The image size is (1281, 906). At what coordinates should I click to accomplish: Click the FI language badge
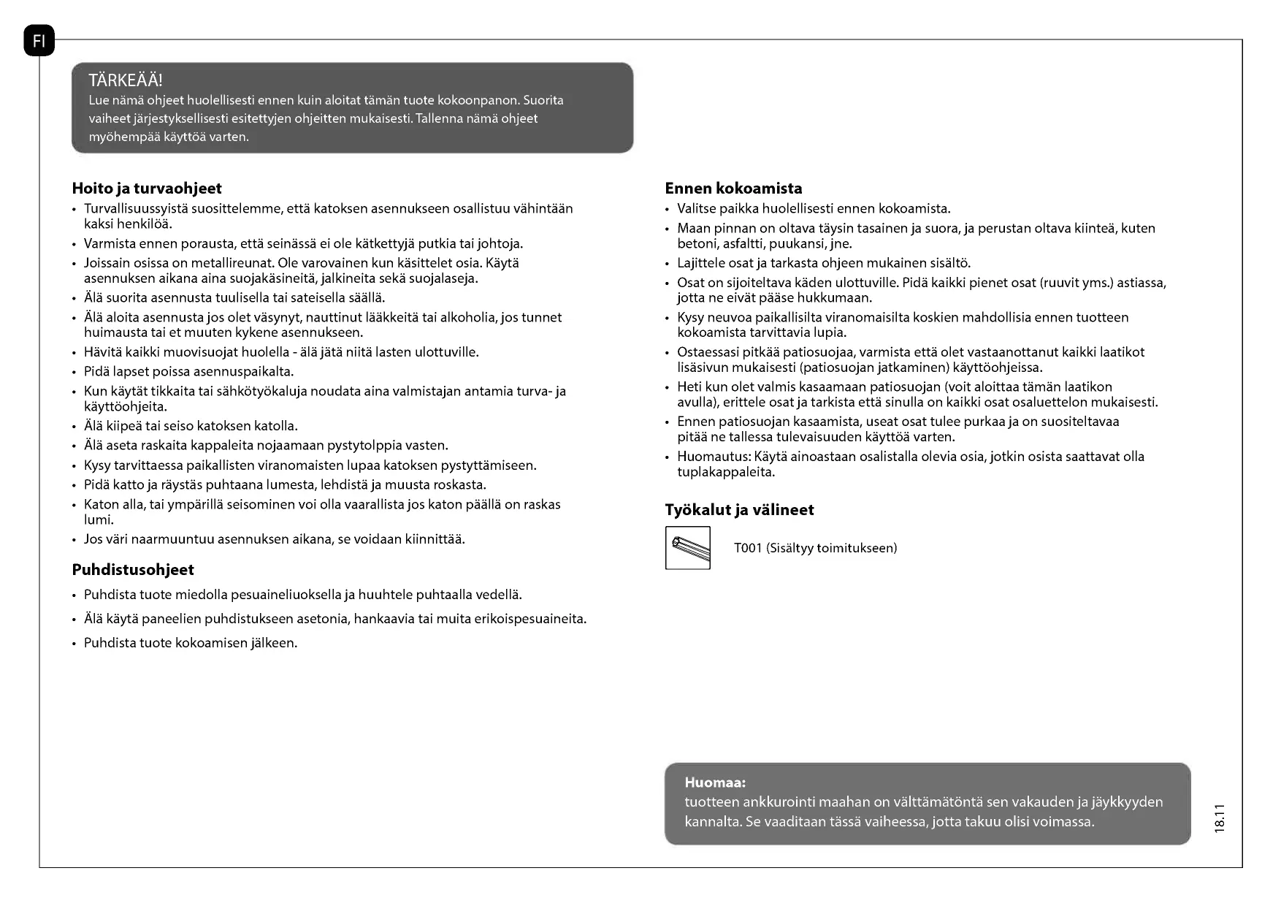(x=39, y=41)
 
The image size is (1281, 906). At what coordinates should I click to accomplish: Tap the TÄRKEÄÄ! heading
(x=125, y=80)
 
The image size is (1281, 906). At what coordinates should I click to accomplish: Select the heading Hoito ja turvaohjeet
(x=147, y=189)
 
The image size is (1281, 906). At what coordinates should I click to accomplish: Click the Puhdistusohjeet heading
(x=133, y=570)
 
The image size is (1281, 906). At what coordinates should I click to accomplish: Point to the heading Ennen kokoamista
(x=733, y=189)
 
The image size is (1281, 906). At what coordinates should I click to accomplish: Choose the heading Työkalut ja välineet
(x=739, y=510)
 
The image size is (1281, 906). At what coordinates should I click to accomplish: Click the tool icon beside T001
(x=687, y=547)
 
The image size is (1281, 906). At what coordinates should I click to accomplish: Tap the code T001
(x=748, y=548)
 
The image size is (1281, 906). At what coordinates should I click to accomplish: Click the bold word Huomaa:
(x=715, y=783)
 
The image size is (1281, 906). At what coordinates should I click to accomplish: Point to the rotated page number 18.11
(x=1218, y=818)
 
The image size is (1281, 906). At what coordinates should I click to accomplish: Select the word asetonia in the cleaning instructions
(x=323, y=619)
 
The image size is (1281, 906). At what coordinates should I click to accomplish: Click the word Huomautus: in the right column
(x=714, y=457)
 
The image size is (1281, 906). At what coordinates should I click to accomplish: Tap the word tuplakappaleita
(x=726, y=472)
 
